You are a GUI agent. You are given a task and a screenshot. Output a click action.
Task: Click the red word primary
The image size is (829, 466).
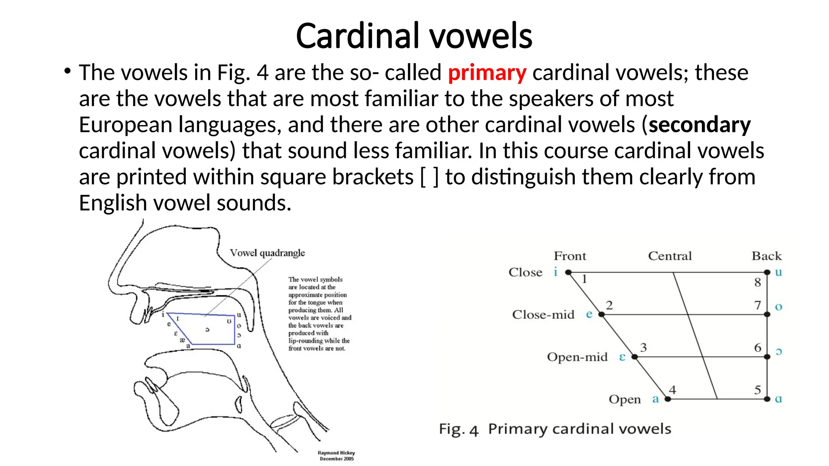click(x=487, y=73)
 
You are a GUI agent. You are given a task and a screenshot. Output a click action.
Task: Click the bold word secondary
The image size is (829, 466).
click(x=699, y=125)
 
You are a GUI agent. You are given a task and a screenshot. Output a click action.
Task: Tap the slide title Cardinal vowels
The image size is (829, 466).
click(x=414, y=36)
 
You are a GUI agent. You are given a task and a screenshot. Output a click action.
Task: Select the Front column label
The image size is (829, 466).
click(x=570, y=256)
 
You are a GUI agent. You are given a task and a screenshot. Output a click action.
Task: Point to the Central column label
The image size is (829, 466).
click(x=670, y=256)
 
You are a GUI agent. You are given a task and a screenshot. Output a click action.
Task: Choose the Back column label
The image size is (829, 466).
click(x=767, y=256)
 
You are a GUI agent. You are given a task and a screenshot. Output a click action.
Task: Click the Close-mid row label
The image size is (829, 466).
click(x=543, y=315)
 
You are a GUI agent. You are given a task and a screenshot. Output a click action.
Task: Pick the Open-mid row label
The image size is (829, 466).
click(x=577, y=357)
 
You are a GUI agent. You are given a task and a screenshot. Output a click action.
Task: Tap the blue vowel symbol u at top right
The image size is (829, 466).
click(x=778, y=272)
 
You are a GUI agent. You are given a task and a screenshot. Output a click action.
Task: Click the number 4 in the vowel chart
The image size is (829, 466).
click(x=672, y=390)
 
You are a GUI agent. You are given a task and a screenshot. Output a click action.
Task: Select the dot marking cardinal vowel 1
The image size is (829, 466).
click(x=568, y=273)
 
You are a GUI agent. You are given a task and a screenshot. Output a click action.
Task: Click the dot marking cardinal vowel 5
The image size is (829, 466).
click(x=767, y=399)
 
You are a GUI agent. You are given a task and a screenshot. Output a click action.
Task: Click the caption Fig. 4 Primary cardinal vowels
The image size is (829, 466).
click(x=555, y=429)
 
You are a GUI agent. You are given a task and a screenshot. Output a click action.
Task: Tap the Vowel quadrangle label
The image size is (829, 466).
click(x=267, y=253)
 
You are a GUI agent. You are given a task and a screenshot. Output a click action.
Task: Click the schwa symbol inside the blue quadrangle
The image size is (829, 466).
click(x=207, y=330)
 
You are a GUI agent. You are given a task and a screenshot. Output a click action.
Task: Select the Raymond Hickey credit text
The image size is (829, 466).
click(x=336, y=456)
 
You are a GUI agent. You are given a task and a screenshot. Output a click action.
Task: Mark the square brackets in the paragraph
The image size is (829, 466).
click(x=429, y=177)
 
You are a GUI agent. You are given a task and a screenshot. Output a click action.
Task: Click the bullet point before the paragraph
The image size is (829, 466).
click(x=67, y=72)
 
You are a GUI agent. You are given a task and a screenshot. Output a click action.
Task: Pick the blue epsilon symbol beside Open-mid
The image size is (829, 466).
click(x=622, y=357)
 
